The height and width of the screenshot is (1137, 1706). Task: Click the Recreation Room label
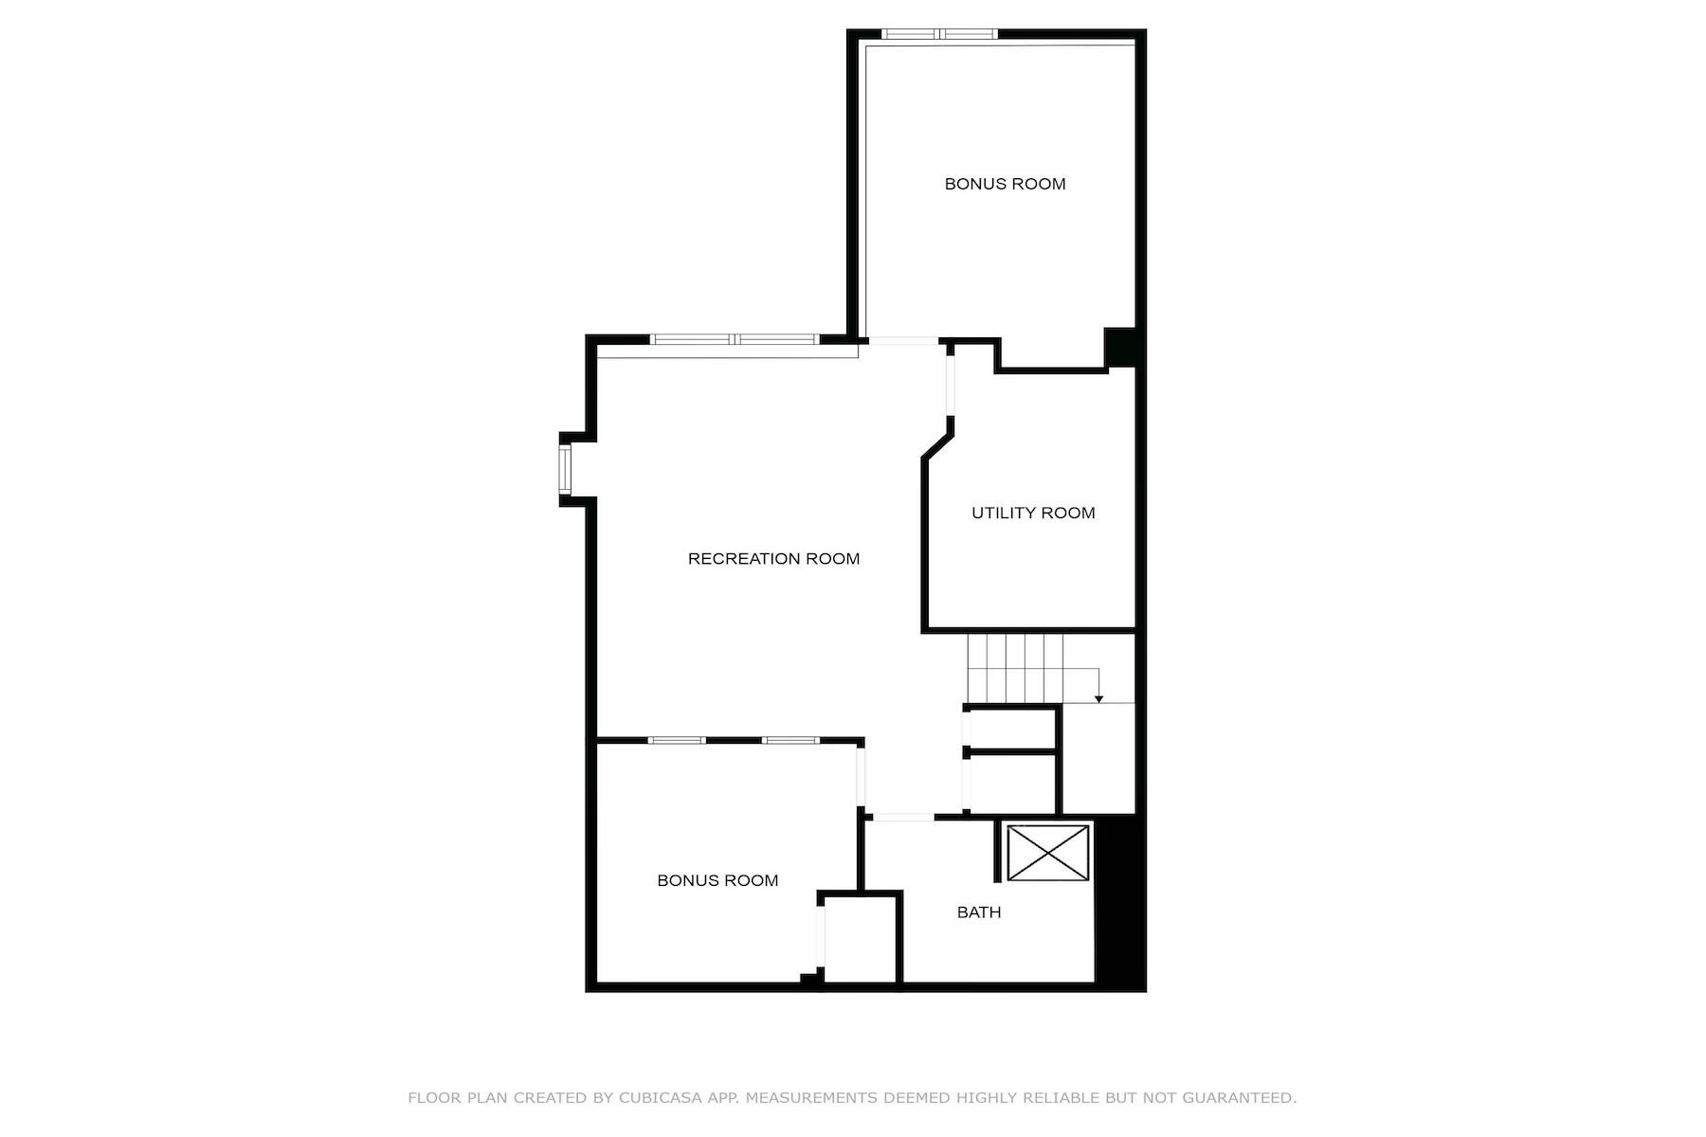[x=773, y=559]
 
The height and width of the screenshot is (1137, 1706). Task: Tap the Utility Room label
[x=1033, y=513]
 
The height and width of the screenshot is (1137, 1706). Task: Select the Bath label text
[x=978, y=912]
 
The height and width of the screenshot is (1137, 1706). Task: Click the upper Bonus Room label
[x=1005, y=184]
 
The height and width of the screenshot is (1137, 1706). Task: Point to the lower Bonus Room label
[x=717, y=880]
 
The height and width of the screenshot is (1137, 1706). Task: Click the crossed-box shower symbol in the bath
[x=1047, y=852]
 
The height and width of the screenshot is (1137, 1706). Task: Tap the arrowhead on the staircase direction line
[x=1098, y=699]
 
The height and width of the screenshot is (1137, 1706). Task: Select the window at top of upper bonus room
[x=939, y=34]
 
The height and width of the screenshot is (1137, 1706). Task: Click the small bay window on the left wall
[x=565, y=469]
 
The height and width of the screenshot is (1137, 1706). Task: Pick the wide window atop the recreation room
[x=735, y=339]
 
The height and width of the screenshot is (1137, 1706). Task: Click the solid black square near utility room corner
[x=1120, y=347]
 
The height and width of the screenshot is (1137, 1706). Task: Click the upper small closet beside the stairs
[x=1011, y=729]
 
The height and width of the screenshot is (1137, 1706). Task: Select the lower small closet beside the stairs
[x=1011, y=784]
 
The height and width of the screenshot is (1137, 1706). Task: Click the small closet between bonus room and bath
[x=860, y=938]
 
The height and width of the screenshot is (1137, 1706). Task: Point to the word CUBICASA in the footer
[x=660, y=1098]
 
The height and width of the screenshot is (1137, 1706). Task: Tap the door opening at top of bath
[x=903, y=817]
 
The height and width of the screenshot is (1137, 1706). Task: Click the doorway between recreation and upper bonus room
[x=903, y=340]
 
